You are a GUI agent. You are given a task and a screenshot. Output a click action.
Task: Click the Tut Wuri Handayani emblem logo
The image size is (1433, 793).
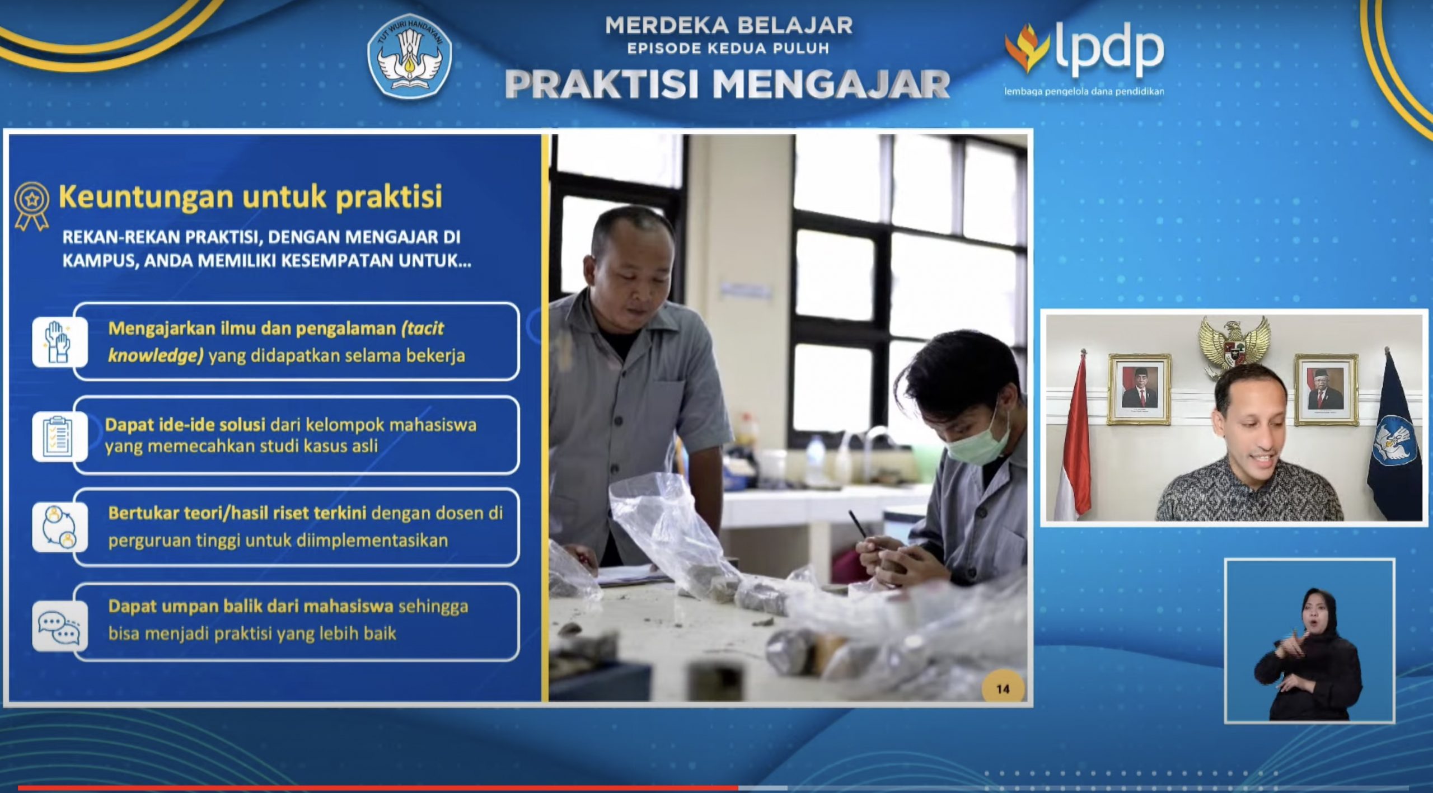[409, 57]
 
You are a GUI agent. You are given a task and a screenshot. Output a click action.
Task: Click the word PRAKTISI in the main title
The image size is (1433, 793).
[602, 85]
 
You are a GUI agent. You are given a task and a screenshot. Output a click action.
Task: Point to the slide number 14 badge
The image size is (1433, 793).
[1003, 688]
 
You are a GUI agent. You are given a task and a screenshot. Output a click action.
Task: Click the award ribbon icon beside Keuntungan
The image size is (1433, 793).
[32, 206]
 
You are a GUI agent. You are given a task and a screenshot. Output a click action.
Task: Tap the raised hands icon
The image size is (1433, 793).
[59, 342]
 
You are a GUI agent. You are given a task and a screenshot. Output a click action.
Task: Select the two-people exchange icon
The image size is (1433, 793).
[59, 527]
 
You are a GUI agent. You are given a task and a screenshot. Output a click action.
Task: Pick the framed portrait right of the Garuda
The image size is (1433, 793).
[1325, 390]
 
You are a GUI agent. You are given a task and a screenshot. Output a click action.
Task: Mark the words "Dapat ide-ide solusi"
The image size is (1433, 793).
[185, 425]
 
